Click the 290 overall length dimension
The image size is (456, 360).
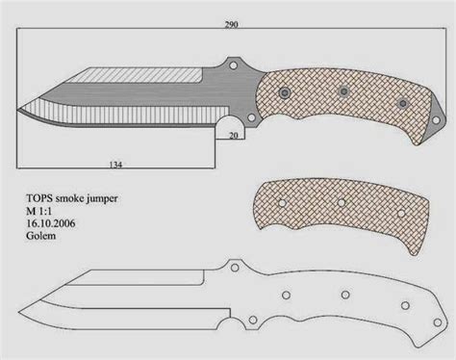[x=231, y=25]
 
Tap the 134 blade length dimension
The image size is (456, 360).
[x=115, y=165]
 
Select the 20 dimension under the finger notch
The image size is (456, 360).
[x=234, y=136]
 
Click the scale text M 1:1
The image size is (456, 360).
[x=38, y=211]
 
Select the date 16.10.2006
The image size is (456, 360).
[x=51, y=223]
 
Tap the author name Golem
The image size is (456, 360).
[x=40, y=236]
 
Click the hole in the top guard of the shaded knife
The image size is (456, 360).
[x=234, y=65]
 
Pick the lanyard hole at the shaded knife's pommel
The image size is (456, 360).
[x=436, y=120]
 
